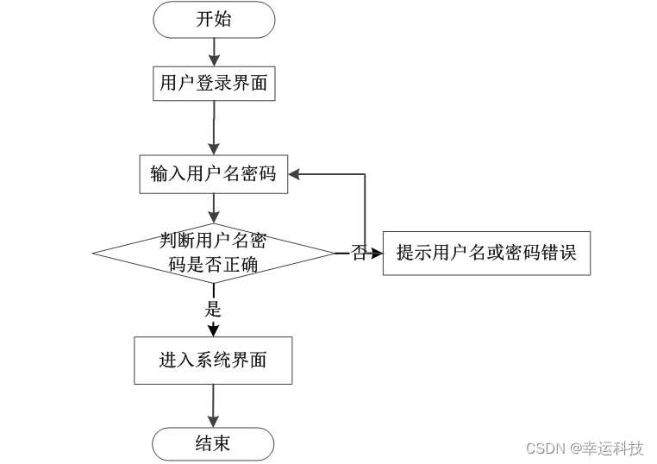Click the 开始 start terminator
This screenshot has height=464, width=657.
(213, 20)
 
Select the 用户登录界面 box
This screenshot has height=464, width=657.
(213, 84)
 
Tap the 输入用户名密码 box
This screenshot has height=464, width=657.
(213, 173)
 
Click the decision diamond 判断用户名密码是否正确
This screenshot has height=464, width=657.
(213, 254)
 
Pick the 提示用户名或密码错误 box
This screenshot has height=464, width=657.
(486, 254)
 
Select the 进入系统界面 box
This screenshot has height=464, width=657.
(213, 360)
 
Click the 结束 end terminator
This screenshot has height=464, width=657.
(213, 444)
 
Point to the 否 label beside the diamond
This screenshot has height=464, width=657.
(359, 254)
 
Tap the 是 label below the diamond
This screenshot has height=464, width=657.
(213, 309)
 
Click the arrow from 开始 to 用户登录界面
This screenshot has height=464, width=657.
(213, 51)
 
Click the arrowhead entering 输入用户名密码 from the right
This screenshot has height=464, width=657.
(295, 173)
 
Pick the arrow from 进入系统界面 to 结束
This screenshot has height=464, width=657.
(213, 405)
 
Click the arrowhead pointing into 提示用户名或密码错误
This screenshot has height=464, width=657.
(376, 254)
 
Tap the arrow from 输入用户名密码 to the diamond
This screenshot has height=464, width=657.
(213, 207)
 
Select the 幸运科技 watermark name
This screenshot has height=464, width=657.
(616, 448)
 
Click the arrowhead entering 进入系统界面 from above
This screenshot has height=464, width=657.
(213, 329)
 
